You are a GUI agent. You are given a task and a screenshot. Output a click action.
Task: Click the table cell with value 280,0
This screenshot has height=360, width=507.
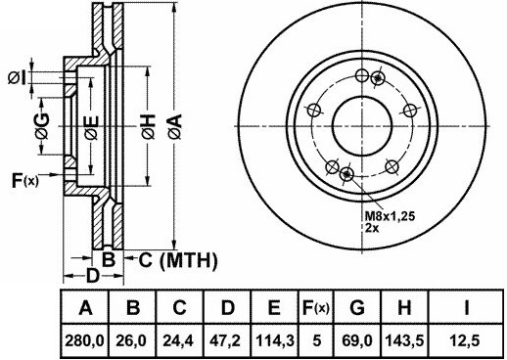point(85,341)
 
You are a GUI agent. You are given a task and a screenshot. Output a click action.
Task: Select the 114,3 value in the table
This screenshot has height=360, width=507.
point(275,341)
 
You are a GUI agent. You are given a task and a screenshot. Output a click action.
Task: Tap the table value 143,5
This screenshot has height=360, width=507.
point(404,341)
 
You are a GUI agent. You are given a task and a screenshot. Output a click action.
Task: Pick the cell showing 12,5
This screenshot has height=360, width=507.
point(465,341)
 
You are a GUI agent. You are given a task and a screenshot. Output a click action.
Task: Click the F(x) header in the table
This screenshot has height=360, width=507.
point(316,307)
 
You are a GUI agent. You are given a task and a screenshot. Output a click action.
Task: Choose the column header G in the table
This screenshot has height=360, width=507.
point(357,307)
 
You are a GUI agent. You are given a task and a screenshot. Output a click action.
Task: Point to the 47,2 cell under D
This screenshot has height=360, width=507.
point(226,341)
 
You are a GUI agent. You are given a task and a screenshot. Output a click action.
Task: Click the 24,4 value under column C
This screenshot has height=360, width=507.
point(178,341)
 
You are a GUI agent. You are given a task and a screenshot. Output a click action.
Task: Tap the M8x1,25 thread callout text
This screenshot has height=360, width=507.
point(390,215)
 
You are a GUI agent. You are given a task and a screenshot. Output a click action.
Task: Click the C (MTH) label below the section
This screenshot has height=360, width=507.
point(178,260)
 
